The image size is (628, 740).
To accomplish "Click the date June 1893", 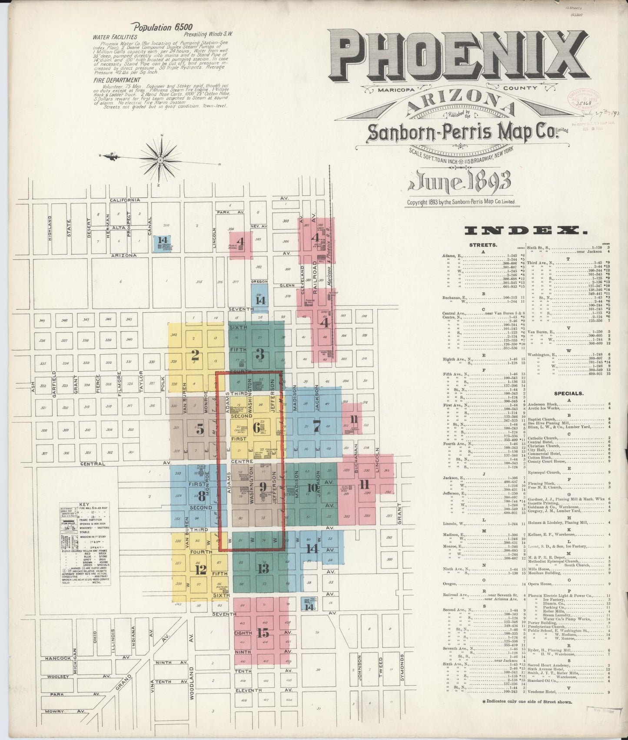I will coord(459,182).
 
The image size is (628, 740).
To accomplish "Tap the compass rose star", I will coord(160,160).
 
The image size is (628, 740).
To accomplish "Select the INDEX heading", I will coord(524,230).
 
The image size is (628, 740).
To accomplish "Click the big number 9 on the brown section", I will coord(262,486).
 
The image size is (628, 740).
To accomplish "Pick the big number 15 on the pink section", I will coord(262,633).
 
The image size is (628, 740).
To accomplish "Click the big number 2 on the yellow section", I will coord(195,356).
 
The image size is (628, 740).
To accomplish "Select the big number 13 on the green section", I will coord(263,568).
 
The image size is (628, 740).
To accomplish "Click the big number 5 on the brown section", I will coord(200,430).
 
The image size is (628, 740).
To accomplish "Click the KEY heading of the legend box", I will coord(84,505).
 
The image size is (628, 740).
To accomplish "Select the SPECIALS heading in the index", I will coord(568,393).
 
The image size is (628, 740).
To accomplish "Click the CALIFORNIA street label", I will coord(124,200).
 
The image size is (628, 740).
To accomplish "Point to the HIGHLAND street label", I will coord(50,228).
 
